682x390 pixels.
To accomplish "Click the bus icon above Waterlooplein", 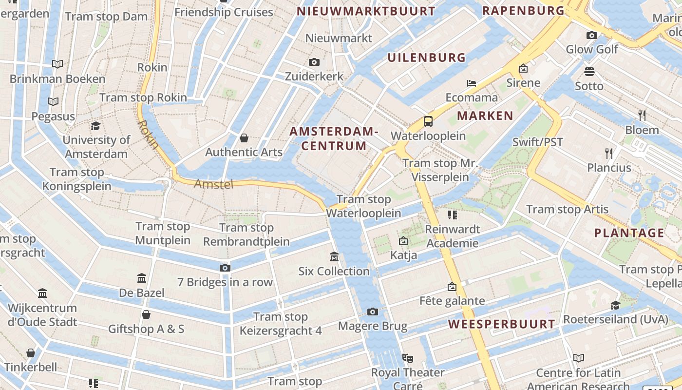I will click(x=428, y=121).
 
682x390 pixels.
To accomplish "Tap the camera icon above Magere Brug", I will click(x=373, y=312).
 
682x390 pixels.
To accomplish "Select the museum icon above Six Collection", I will click(x=334, y=256).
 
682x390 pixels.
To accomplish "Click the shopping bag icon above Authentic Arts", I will click(x=244, y=138).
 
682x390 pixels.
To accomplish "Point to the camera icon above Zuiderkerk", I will click(x=314, y=62).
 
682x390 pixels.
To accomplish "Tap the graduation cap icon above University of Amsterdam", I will click(x=95, y=126).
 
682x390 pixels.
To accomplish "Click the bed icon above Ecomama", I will click(x=471, y=83).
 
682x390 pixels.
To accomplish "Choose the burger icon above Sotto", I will click(x=589, y=72).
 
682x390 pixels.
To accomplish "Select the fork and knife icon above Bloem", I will click(x=642, y=116).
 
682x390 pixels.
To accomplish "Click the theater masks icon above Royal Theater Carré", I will click(x=408, y=358).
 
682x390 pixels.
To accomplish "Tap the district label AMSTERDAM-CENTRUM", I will click(x=334, y=138).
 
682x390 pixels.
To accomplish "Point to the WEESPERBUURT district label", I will click(x=501, y=324).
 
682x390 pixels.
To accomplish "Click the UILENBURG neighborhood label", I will click(x=426, y=58).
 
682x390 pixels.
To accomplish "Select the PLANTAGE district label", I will click(x=629, y=233).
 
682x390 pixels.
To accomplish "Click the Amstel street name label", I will click(x=214, y=184).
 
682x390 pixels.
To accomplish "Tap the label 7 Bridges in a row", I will click(x=225, y=282).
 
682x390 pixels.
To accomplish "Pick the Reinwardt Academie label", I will click(x=452, y=236).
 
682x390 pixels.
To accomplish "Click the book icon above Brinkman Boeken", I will click(x=57, y=64).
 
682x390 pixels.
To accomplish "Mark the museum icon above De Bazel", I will click(x=142, y=278).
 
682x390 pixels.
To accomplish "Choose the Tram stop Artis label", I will click(x=567, y=209).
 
